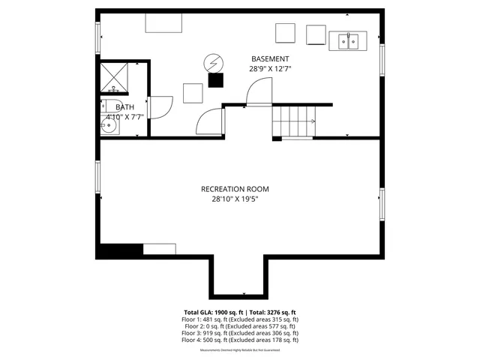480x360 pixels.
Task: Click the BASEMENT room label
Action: pyautogui.click(x=269, y=58)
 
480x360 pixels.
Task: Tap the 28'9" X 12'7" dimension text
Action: pyautogui.click(x=269, y=68)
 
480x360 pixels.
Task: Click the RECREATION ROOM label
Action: pyautogui.click(x=235, y=189)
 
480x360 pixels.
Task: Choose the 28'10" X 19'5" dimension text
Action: pyautogui.click(x=235, y=199)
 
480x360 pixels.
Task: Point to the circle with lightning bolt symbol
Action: pyautogui.click(x=214, y=63)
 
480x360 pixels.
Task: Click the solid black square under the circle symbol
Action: pyautogui.click(x=216, y=79)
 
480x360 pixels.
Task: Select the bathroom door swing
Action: pyautogui.click(x=161, y=108)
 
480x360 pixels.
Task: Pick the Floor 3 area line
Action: pyautogui.click(x=240, y=333)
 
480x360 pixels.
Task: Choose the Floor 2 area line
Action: pyautogui.click(x=240, y=326)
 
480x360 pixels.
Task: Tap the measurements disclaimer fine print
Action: pyautogui.click(x=240, y=349)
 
